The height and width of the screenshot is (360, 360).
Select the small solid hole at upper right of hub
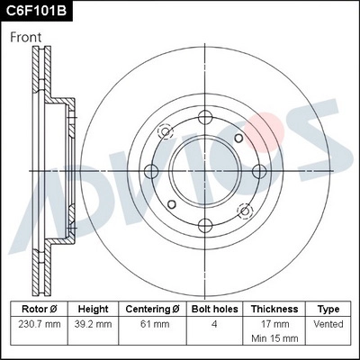[238, 138]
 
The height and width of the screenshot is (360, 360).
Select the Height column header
[94, 308]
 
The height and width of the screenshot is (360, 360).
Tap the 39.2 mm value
[94, 323]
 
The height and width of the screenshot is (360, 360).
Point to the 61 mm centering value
[153, 323]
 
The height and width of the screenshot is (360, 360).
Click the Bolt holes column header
[212, 308]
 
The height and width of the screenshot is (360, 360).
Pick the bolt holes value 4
[212, 323]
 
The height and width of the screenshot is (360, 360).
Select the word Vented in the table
[329, 323]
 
